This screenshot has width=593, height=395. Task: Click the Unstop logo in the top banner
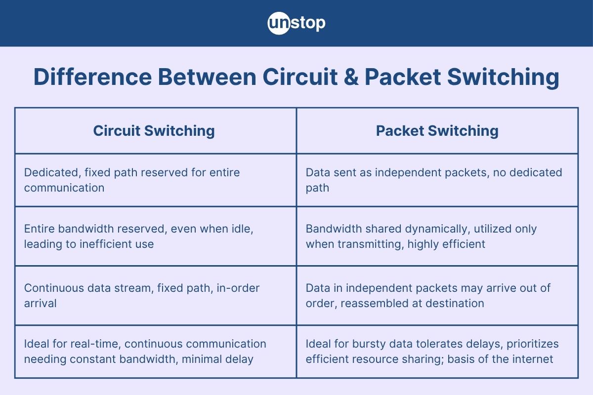click(x=296, y=23)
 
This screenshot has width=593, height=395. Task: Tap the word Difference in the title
click(x=89, y=78)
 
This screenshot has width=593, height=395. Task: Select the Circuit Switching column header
click(x=154, y=131)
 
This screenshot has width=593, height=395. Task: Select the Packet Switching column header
click(x=437, y=131)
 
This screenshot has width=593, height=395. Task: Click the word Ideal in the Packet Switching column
click(x=318, y=344)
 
